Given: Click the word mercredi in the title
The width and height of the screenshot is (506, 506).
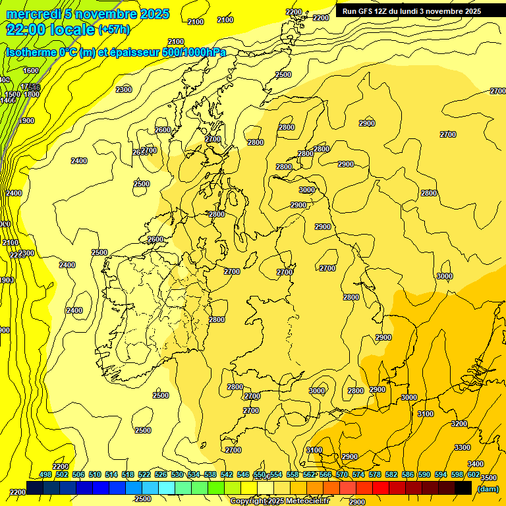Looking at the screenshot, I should pos(34,14).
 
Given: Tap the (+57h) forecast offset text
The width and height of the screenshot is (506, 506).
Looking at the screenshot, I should pos(114,30).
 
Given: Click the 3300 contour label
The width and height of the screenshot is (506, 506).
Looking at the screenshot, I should pos(463,447).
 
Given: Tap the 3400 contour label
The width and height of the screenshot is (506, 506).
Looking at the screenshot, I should pos(475,464).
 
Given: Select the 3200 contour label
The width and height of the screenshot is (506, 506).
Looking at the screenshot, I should pos(459,424).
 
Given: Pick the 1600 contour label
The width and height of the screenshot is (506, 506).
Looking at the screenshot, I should pos(31,70).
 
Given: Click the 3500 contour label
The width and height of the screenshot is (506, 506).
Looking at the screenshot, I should pos(488,478).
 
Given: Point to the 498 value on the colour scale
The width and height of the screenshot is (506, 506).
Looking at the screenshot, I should pos(45,474).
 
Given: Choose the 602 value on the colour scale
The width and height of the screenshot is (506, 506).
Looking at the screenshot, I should pos(474,474).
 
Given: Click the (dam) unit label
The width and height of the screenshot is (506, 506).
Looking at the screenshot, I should pos(488,488).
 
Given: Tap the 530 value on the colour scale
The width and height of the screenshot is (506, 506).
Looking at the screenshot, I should pos(177,474).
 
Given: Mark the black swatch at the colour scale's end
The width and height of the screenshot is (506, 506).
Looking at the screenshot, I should pos(463,488).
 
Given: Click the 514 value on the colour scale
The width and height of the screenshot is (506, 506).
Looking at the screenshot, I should pos(111,474).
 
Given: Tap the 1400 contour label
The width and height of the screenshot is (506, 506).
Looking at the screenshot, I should pos(8,100).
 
